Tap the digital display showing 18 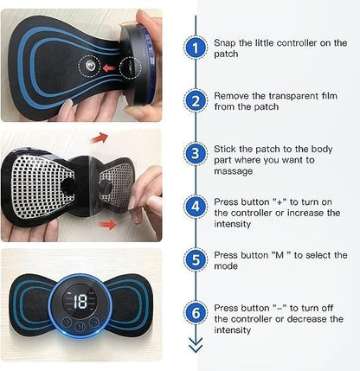80,302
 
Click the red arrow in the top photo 108,66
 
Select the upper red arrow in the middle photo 100,138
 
